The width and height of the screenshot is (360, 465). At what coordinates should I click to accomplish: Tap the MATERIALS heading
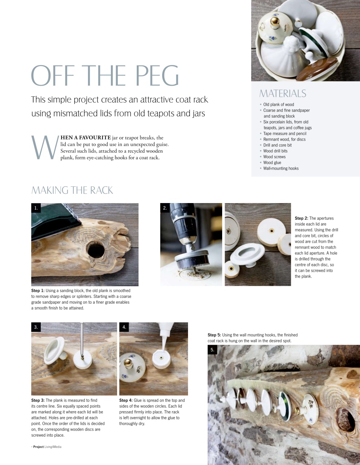point(283,94)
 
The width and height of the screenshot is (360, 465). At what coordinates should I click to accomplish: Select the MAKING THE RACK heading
point(72,190)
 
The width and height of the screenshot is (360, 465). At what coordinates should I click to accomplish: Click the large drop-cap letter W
point(44,147)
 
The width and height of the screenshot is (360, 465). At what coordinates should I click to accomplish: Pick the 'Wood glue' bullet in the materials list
point(272,163)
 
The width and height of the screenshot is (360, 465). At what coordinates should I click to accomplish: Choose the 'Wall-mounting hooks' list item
point(281,169)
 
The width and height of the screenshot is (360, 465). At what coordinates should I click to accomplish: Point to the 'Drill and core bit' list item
point(277,145)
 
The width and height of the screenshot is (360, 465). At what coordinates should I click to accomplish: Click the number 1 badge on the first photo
point(36,208)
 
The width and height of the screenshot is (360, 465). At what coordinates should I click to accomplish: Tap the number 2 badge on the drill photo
point(165,208)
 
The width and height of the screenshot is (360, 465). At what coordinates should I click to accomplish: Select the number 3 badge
point(36,327)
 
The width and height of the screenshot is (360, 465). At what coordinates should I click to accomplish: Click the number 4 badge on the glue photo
point(124,327)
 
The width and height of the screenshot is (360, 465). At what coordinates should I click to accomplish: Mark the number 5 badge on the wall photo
point(212,350)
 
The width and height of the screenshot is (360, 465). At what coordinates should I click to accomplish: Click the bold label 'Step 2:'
point(301,218)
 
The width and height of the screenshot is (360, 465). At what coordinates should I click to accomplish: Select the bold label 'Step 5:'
point(214,335)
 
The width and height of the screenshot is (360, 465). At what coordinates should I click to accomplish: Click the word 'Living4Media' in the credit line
point(53,447)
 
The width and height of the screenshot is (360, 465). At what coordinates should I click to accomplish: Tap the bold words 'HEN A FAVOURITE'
point(85,138)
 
